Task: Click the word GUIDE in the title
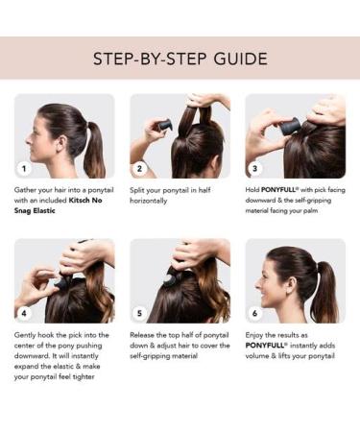[240, 59]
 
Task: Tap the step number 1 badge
[24, 168]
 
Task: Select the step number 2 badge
[139, 168]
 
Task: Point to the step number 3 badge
[255, 168]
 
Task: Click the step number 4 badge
[24, 313]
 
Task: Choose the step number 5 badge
[139, 313]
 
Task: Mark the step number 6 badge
[255, 313]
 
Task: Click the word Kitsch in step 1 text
[80, 201]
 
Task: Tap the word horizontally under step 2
[149, 201]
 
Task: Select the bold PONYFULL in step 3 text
[278, 190]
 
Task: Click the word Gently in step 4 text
[25, 335]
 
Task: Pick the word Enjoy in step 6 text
[254, 335]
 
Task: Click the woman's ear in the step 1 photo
[60, 143]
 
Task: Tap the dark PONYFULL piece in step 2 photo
[165, 125]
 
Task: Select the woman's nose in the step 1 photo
[29, 139]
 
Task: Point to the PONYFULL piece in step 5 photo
[169, 277]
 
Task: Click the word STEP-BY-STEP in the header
[150, 59]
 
